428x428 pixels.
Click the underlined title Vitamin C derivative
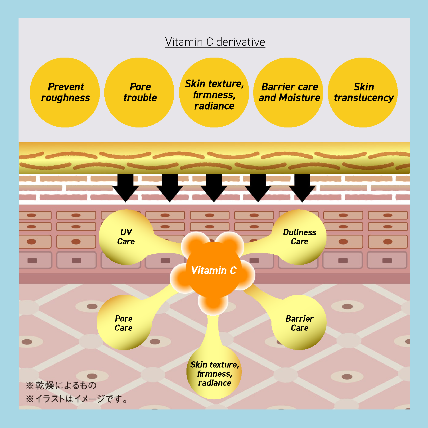(x=215, y=42)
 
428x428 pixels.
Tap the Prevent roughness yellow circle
(x=65, y=92)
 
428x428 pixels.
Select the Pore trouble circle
(x=139, y=92)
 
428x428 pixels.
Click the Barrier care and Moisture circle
(x=288, y=92)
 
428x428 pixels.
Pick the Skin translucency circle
(x=363, y=92)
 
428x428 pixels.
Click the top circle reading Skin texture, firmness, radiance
(x=214, y=92)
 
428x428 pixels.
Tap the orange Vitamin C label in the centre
(x=214, y=270)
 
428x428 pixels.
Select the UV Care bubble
(x=126, y=237)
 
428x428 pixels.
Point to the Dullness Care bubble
(x=299, y=237)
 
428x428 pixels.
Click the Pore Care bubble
(x=123, y=323)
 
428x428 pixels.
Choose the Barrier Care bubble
(x=299, y=323)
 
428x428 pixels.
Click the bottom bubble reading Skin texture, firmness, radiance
(x=214, y=373)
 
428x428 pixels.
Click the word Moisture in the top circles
(x=300, y=98)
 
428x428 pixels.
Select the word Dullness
(x=299, y=232)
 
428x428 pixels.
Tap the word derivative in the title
(x=241, y=42)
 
